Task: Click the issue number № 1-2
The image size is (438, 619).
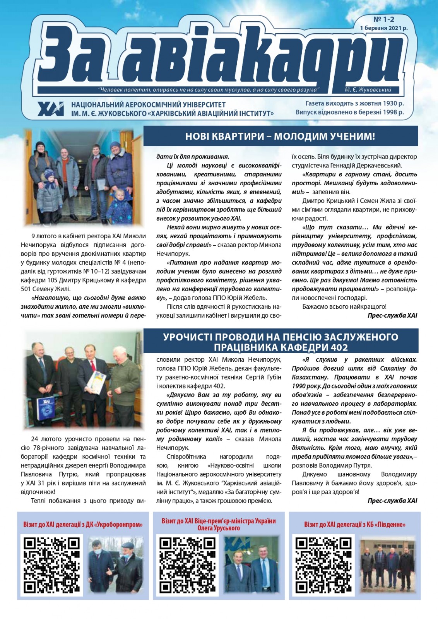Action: point(383,19)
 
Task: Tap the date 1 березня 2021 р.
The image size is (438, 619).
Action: point(383,28)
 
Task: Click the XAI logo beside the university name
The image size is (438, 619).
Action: point(51,109)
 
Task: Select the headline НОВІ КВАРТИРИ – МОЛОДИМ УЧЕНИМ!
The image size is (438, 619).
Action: point(280,136)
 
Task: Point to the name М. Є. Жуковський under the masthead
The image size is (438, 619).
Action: point(368,90)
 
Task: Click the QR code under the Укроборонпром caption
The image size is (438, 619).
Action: point(52,565)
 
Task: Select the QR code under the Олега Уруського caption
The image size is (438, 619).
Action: point(188,565)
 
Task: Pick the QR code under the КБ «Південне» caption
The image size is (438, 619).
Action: point(323,565)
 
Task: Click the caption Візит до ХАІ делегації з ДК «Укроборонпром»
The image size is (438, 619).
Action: point(83,525)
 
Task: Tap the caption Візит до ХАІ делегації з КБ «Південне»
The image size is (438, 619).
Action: point(354,525)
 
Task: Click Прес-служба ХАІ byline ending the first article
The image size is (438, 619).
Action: point(392,315)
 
